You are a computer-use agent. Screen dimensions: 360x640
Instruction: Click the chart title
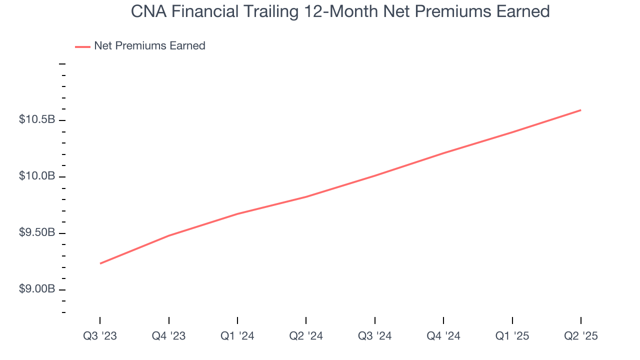[x=340, y=11]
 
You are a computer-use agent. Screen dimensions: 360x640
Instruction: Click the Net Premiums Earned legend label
[x=149, y=46]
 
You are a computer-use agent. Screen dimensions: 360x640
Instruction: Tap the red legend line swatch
[x=82, y=46]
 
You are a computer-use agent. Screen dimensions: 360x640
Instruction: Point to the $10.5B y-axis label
[x=37, y=120]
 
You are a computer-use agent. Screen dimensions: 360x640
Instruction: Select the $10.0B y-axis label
[x=37, y=176]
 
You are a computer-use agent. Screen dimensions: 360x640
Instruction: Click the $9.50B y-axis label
[x=37, y=233]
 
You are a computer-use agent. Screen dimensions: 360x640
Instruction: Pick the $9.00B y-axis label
[x=37, y=290]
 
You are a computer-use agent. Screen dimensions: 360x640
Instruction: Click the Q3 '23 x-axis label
[x=100, y=336]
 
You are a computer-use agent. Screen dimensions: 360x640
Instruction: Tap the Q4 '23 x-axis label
[x=169, y=336]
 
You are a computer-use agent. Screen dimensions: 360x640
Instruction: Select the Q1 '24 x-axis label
[x=237, y=336]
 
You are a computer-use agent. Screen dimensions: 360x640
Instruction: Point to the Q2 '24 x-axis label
[x=306, y=336]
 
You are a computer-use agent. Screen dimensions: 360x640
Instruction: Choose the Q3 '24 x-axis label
[x=375, y=336]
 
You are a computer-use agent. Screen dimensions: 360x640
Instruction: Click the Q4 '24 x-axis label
[x=443, y=336]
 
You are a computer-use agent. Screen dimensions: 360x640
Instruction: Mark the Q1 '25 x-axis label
[x=512, y=336]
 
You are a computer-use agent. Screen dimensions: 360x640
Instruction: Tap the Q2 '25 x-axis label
[x=580, y=336]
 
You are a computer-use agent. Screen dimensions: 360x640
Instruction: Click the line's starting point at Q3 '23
[x=100, y=263]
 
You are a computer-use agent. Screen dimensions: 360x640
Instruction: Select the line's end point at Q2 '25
[x=580, y=110]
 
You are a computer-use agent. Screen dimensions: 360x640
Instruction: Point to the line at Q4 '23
[x=169, y=235]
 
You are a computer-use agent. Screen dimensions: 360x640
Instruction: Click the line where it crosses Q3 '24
[x=375, y=175]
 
